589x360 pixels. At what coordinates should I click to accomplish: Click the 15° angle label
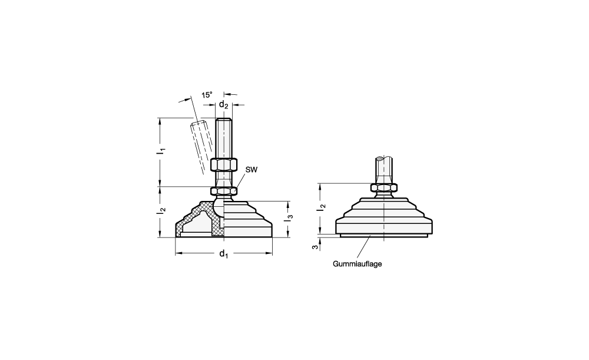pos(207,95)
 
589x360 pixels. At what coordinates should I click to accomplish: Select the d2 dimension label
pos(223,104)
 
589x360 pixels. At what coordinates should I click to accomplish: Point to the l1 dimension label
pos(161,151)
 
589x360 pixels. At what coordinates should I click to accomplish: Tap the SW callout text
pos(252,170)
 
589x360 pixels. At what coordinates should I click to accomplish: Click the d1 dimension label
pos(223,254)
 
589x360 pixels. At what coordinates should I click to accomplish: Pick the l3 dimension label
pos(290,217)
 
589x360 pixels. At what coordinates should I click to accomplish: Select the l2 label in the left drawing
pos(161,212)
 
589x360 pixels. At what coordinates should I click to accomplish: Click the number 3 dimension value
pos(316,247)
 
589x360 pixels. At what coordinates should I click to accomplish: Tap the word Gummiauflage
pos(358,264)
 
